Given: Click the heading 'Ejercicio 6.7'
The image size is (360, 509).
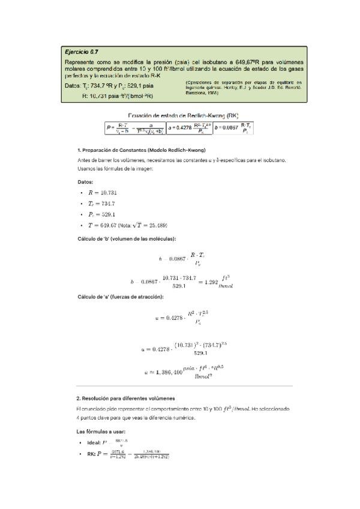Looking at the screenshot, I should pos(82,53).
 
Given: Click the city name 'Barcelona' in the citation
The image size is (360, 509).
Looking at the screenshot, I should pos(196,93).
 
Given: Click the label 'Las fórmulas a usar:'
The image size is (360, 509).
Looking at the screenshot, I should pos(100,431).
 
